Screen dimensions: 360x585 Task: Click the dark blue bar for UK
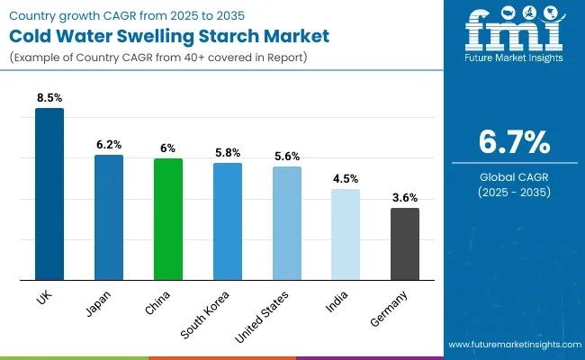49,193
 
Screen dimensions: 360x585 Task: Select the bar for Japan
109,217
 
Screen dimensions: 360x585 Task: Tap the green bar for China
167,219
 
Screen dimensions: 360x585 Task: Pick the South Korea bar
227,220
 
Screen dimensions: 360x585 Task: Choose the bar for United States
286,223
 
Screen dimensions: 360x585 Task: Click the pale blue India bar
346,234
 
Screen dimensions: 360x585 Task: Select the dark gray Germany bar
404,243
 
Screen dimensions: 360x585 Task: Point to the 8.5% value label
49,96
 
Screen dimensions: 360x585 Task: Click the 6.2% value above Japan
109,143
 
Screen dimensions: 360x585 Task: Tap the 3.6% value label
404,196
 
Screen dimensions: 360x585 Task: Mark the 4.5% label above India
346,177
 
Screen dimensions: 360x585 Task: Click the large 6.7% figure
514,143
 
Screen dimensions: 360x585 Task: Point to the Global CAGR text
514,177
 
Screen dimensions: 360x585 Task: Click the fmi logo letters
514,34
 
